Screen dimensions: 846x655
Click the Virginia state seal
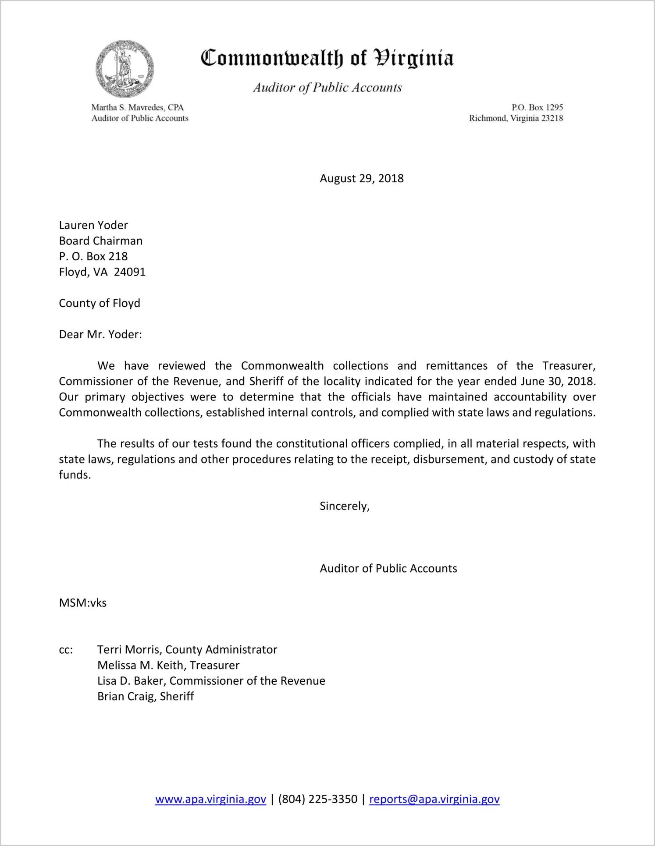tap(125, 69)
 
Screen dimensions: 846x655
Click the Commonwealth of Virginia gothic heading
tap(327, 58)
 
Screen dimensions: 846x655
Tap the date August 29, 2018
tap(361, 179)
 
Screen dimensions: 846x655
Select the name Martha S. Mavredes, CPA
tap(137, 107)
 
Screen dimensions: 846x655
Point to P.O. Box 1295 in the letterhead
tap(537, 107)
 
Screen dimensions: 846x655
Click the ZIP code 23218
tap(552, 118)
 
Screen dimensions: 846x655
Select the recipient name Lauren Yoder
tap(93, 225)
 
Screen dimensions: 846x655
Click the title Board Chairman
tap(101, 241)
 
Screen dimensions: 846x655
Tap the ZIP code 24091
tap(130, 272)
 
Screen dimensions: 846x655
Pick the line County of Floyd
tap(100, 303)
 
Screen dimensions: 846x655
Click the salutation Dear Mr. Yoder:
tap(100, 335)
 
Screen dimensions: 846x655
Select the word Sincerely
tap(344, 506)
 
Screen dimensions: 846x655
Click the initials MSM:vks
tap(83, 603)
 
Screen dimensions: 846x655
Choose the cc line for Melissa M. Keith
tap(168, 665)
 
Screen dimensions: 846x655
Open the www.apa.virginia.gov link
tap(210, 800)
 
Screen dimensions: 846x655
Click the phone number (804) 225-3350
tap(317, 800)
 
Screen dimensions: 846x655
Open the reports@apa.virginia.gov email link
tap(434, 800)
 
